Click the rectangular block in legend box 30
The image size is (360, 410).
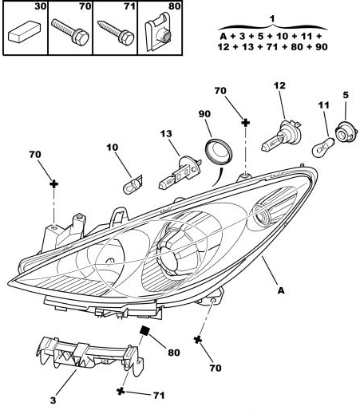pyautogui.click(x=24, y=31)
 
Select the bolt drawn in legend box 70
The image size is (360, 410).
pyautogui.click(x=69, y=32)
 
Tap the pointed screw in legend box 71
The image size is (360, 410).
pyautogui.click(x=116, y=32)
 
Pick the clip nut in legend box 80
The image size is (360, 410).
pyautogui.click(x=159, y=31)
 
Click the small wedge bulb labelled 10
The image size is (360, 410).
pyautogui.click(x=133, y=184)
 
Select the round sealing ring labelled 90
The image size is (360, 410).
pyautogui.click(x=219, y=152)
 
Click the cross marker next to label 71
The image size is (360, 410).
pyautogui.click(x=121, y=391)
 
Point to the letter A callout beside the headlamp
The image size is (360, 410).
pyautogui.click(x=281, y=290)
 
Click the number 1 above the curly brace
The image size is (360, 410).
pyautogui.click(x=272, y=18)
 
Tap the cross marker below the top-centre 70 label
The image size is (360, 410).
pyautogui.click(x=245, y=123)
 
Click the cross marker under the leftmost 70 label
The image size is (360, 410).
pyautogui.click(x=54, y=184)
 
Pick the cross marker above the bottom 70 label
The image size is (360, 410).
pyautogui.click(x=198, y=340)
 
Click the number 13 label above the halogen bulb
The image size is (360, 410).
pyautogui.click(x=166, y=133)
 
